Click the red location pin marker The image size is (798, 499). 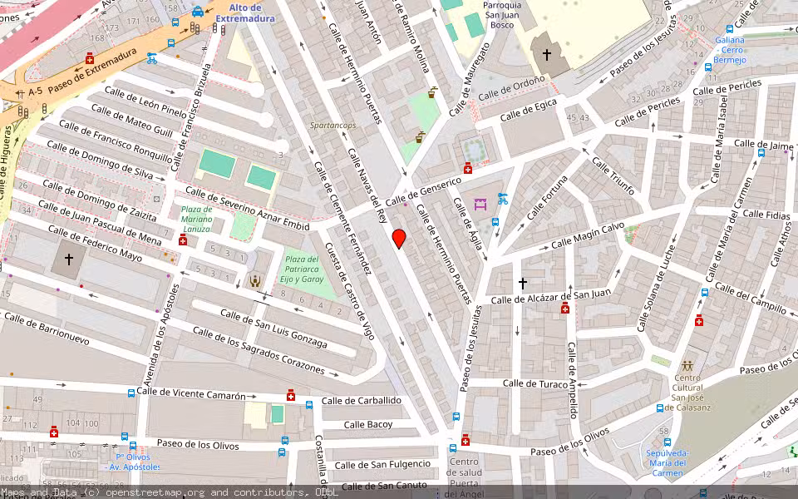tap(399, 238)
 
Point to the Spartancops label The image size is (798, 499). tap(332, 125)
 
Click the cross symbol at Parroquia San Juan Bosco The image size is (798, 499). tap(546, 55)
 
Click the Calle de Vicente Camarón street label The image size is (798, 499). tap(191, 393)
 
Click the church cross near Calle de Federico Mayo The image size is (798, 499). tap(68, 259)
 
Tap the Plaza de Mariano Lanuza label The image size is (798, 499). tap(197, 219)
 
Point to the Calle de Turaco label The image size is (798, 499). tap(535, 383)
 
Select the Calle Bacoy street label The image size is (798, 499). tap(368, 425)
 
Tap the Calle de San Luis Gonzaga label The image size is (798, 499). tap(273, 329)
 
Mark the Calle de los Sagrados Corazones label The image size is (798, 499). tap(258, 349)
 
